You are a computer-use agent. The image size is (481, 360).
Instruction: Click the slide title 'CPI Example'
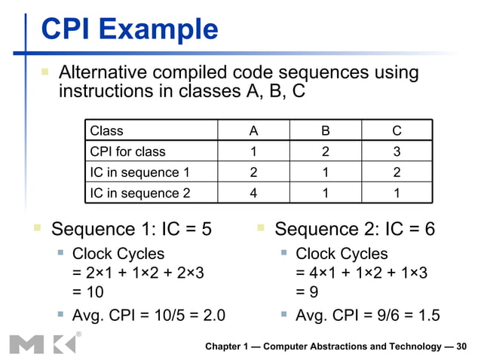pyautogui.click(x=129, y=30)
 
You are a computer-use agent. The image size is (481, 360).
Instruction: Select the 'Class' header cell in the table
pyautogui.click(x=106, y=131)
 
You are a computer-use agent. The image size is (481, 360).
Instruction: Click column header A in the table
pyautogui.click(x=253, y=131)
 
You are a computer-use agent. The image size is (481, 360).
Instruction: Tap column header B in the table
pyautogui.click(x=325, y=131)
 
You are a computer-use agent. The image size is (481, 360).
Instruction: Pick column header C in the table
pyautogui.click(x=397, y=131)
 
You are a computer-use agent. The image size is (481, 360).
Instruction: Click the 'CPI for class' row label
pyautogui.click(x=127, y=151)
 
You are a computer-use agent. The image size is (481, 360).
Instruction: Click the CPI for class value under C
pyautogui.click(x=397, y=151)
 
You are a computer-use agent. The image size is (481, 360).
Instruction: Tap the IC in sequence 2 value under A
pyautogui.click(x=253, y=193)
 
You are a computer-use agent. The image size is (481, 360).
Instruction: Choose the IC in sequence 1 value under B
pyautogui.click(x=325, y=172)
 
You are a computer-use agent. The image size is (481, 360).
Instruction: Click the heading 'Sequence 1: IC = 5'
pyautogui.click(x=130, y=229)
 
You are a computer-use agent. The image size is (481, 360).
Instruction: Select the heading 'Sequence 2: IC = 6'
pyautogui.click(x=354, y=229)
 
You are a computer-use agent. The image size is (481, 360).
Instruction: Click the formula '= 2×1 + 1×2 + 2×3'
pyautogui.click(x=138, y=273)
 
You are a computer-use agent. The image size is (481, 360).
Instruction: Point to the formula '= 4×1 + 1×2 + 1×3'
pyautogui.click(x=362, y=273)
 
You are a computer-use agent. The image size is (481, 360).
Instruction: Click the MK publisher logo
pyautogui.click(x=42, y=343)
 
